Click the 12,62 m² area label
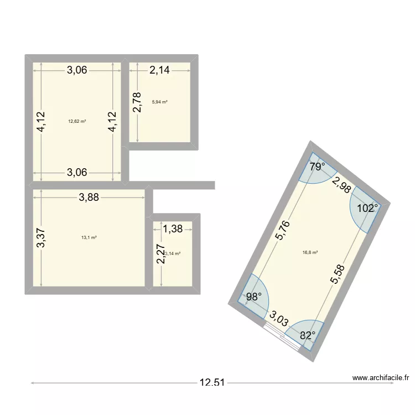77,121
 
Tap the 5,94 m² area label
159,102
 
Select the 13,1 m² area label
89,237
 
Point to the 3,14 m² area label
173,254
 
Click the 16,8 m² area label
310,252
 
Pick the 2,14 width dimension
159,70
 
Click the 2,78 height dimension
137,101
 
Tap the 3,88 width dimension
88,198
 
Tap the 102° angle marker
367,209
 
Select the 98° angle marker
253,297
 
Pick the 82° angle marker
307,334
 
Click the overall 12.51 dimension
211,382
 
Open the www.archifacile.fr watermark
380,378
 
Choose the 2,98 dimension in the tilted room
340,183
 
